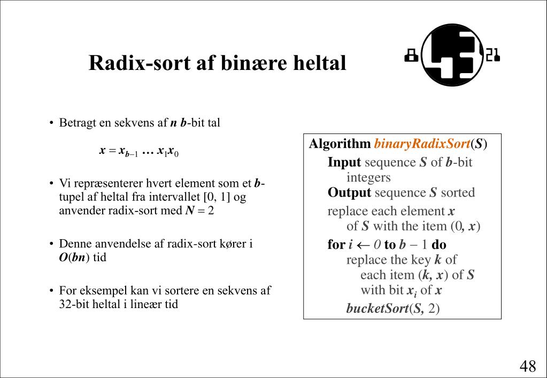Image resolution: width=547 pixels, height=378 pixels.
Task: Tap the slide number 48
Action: (527, 366)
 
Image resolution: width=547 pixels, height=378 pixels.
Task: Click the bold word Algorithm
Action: (340, 144)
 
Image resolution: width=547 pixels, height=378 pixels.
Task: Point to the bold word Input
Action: (344, 162)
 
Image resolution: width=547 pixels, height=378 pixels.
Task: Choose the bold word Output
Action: (349, 193)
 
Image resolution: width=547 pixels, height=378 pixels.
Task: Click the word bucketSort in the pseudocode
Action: (377, 309)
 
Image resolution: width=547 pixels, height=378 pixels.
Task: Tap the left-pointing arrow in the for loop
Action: (364, 245)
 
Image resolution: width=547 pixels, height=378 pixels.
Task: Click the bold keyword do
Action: (438, 245)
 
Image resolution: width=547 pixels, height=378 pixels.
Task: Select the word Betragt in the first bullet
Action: (78, 123)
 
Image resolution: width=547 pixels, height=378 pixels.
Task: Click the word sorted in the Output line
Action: (458, 193)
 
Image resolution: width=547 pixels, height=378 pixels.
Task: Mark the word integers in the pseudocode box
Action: (368, 177)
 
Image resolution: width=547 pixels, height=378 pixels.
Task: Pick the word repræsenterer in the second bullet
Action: (112, 184)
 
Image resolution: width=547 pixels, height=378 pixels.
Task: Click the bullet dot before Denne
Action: (52, 245)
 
